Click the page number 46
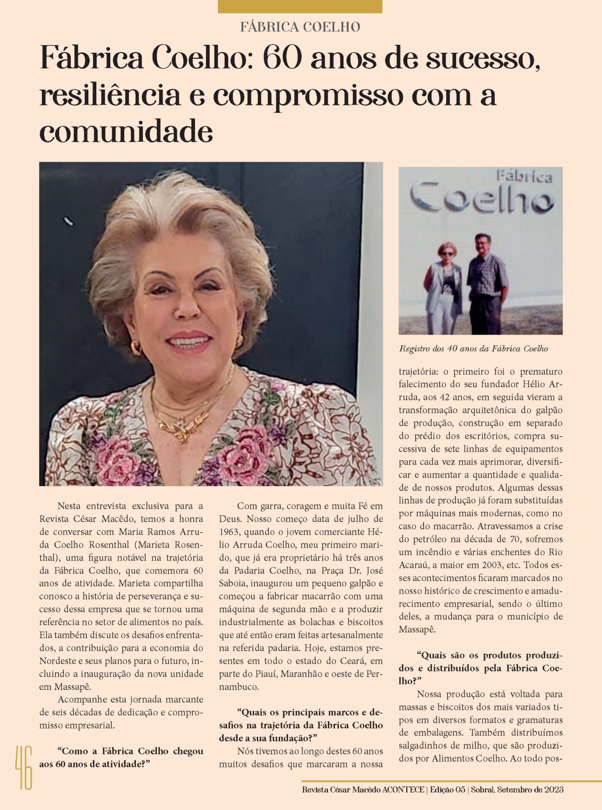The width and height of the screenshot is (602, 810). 24,767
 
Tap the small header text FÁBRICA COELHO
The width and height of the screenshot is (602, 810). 300,27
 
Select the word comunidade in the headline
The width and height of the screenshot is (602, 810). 126,132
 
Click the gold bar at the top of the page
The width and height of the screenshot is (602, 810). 300,6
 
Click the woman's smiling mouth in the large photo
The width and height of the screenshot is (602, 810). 189,341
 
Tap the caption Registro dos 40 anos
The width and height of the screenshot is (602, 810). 473,349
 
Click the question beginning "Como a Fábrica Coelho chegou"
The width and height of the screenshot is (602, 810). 121,757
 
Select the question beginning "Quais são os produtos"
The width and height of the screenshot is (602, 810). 480,668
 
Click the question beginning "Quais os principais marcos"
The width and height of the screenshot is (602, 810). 300,725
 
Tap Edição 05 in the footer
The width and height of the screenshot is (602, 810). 447,790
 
